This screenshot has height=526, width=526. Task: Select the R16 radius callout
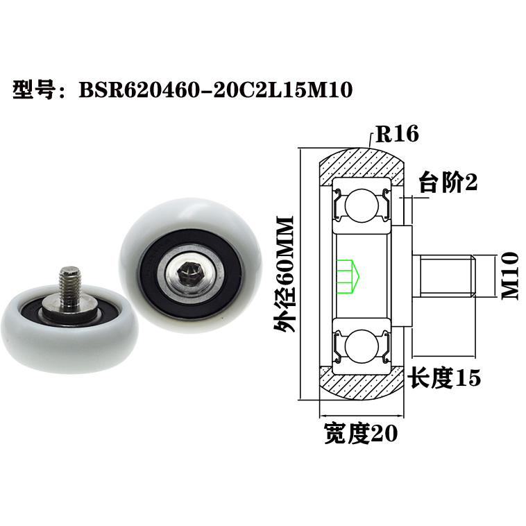click(396, 133)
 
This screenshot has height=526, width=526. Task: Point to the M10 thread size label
click(510, 275)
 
